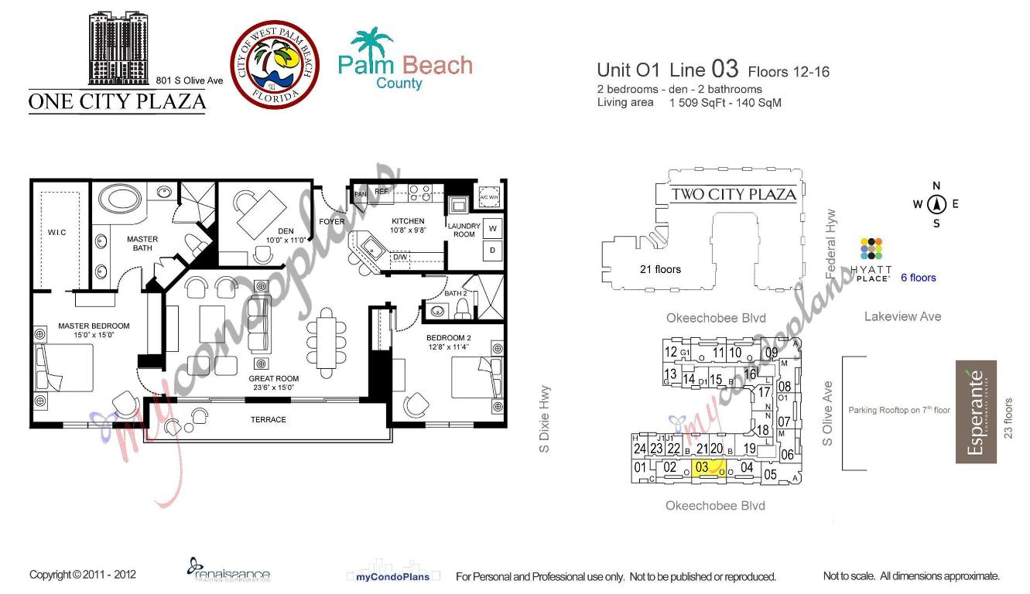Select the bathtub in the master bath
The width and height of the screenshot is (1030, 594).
tap(121, 197)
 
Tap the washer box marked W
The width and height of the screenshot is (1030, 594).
tap(492, 228)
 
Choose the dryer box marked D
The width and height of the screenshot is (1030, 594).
tap(492, 250)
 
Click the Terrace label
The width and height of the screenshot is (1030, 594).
tap(268, 419)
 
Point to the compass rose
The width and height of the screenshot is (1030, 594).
tap(936, 204)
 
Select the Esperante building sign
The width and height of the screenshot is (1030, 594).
tap(975, 412)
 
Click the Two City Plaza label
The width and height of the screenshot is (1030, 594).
tap(732, 194)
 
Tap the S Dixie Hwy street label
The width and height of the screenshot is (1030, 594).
tap(545, 418)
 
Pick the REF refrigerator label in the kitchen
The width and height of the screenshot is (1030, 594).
tap(381, 191)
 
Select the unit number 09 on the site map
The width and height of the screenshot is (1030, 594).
tap(772, 353)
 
